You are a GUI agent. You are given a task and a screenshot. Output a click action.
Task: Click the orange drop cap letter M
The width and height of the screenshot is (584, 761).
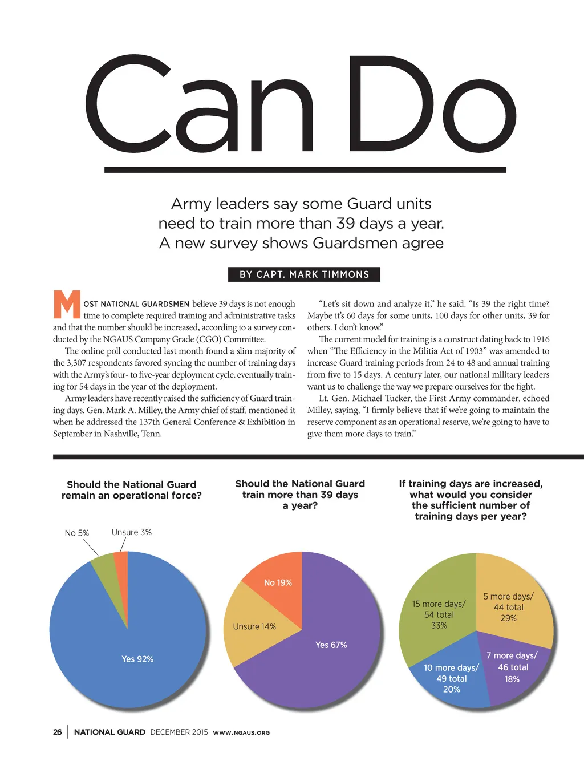pyautogui.click(x=67, y=305)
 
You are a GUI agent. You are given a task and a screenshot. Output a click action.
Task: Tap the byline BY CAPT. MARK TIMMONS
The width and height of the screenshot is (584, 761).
pyautogui.click(x=304, y=274)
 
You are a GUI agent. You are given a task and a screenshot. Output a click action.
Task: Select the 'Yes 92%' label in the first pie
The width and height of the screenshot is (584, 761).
pyautogui.click(x=137, y=659)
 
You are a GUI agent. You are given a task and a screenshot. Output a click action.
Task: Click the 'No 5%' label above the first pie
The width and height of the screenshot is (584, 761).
pyautogui.click(x=77, y=533)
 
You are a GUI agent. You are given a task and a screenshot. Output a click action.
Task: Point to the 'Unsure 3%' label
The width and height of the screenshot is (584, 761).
pyautogui.click(x=132, y=532)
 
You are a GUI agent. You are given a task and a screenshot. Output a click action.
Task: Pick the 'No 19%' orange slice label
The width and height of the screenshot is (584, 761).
pyautogui.click(x=278, y=582)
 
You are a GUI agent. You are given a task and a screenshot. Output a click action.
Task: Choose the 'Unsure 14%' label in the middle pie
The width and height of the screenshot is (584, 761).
pyautogui.click(x=254, y=626)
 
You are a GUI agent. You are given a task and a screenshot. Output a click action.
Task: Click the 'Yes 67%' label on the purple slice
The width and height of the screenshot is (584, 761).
pyautogui.click(x=331, y=645)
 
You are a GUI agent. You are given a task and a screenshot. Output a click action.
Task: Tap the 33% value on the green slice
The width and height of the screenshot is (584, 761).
pyautogui.click(x=439, y=625)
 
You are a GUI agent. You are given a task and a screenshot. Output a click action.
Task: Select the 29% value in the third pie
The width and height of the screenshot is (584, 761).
pyautogui.click(x=508, y=618)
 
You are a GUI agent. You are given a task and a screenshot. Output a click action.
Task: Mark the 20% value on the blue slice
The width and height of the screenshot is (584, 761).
pyautogui.click(x=452, y=689)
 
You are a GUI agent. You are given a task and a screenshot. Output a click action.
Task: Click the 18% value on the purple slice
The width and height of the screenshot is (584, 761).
pyautogui.click(x=512, y=679)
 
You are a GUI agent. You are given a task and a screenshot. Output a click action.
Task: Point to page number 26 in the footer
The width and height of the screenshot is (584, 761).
pyautogui.click(x=58, y=732)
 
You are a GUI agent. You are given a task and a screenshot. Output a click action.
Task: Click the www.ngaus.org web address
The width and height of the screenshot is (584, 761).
pyautogui.click(x=241, y=732)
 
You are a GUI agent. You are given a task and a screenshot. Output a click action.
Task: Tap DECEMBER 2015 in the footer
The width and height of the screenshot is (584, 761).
pyautogui.click(x=179, y=732)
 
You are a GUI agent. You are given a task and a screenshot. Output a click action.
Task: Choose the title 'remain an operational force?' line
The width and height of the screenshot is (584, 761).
pyautogui.click(x=132, y=495)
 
